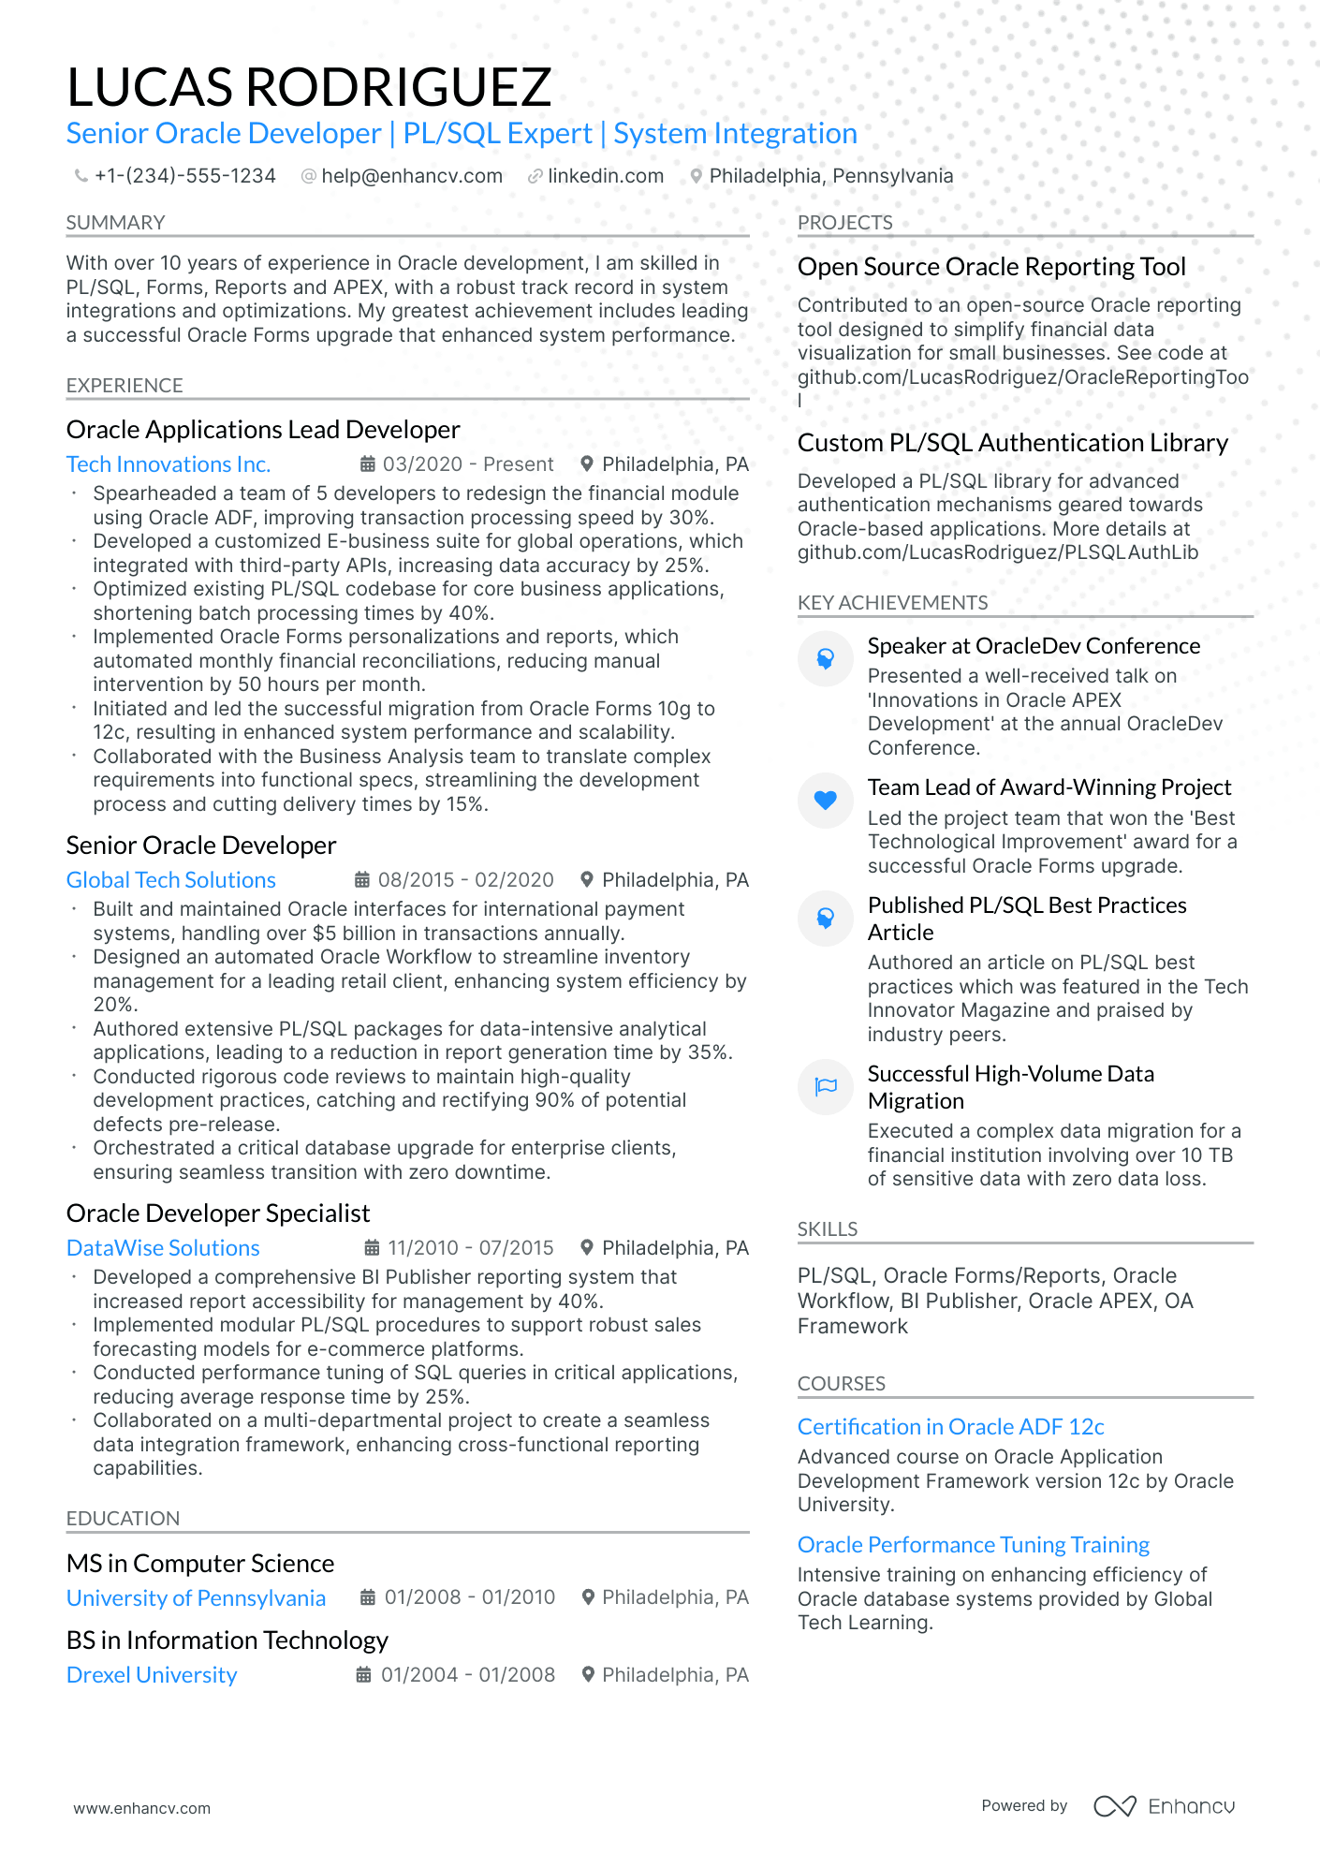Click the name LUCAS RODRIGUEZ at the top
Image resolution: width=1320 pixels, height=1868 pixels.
click(309, 87)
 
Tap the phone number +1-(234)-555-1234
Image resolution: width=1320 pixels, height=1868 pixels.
click(184, 176)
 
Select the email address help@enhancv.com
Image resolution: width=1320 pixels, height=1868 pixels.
click(411, 176)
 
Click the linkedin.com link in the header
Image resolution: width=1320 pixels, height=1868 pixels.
click(605, 176)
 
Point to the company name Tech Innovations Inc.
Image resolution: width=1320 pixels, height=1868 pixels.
click(169, 464)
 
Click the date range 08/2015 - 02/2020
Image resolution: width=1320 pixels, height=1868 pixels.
click(465, 880)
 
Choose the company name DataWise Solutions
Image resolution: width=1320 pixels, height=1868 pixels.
click(163, 1248)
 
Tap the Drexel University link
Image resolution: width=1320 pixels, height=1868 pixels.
click(152, 1675)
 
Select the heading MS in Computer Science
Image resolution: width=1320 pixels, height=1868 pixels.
click(200, 1564)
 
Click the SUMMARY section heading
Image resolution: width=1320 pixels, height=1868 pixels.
click(115, 223)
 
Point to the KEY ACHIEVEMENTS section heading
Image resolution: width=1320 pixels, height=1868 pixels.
click(892, 603)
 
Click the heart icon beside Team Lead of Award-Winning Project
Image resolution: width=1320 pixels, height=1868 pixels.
click(825, 801)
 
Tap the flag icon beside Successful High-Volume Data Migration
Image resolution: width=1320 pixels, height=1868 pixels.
click(825, 1087)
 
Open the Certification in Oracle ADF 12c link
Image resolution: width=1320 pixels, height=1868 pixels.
click(950, 1427)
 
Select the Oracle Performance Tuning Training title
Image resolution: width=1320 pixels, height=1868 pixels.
click(973, 1545)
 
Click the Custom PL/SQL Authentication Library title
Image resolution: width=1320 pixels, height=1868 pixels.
click(1012, 443)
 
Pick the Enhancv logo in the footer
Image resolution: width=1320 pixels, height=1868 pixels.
click(1164, 1806)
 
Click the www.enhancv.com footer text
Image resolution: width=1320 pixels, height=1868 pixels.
click(142, 1808)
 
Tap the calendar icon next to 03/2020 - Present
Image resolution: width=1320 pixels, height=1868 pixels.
click(368, 464)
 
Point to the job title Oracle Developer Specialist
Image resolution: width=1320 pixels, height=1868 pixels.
click(218, 1213)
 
